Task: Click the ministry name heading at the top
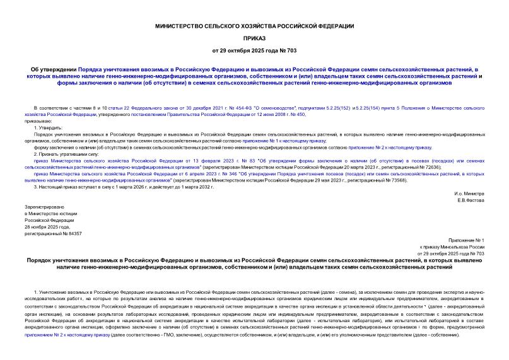tap(255, 25)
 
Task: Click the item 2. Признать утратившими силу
tap(67, 154)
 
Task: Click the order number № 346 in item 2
tap(160, 173)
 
